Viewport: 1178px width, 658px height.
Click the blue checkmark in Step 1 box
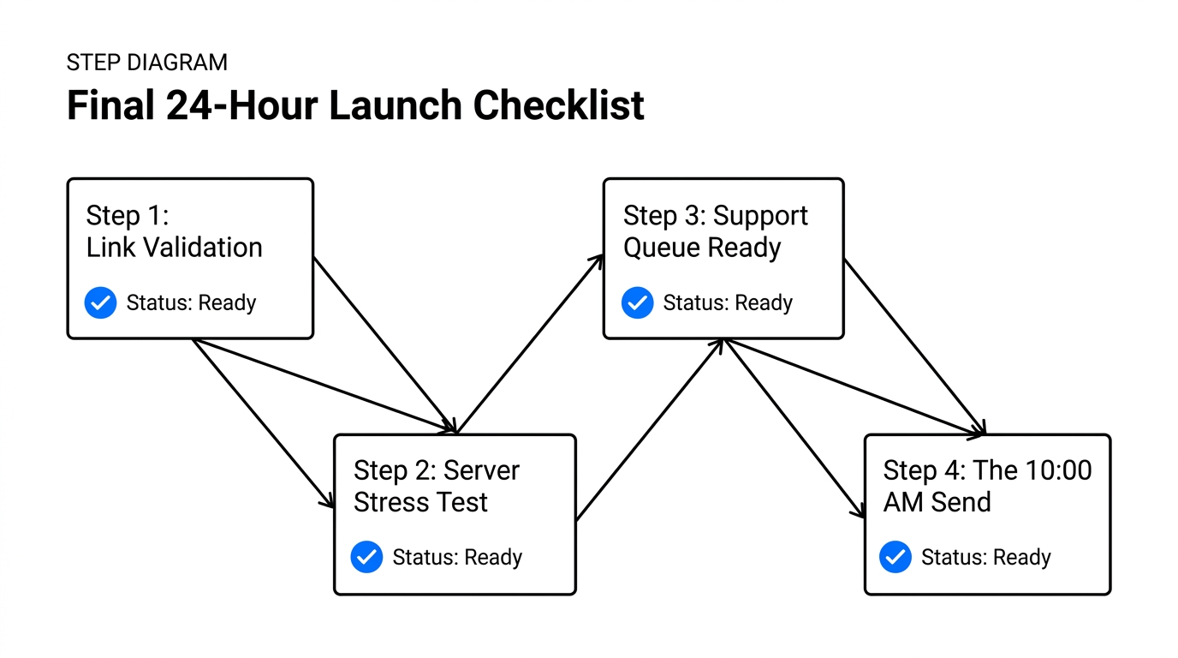100,302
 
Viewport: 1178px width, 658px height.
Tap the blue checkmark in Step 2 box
366,557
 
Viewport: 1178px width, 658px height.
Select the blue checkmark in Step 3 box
637,302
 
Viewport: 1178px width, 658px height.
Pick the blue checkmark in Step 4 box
895,557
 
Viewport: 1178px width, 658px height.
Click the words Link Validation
174,248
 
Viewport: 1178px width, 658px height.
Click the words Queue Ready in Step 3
702,248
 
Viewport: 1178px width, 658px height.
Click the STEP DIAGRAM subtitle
146,63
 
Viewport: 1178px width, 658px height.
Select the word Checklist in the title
558,105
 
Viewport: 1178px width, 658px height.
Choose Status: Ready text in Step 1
191,302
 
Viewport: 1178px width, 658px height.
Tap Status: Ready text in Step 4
985,557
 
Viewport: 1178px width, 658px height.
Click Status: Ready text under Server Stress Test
457,557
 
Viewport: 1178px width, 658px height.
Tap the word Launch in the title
396,105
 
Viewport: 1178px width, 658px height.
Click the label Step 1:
128,216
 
